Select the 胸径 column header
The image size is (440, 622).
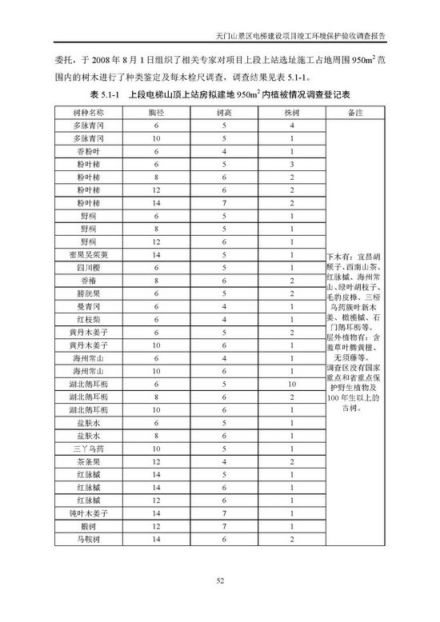click(157, 114)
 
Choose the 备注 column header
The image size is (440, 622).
click(356, 114)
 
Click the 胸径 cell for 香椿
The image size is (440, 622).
click(157, 281)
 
